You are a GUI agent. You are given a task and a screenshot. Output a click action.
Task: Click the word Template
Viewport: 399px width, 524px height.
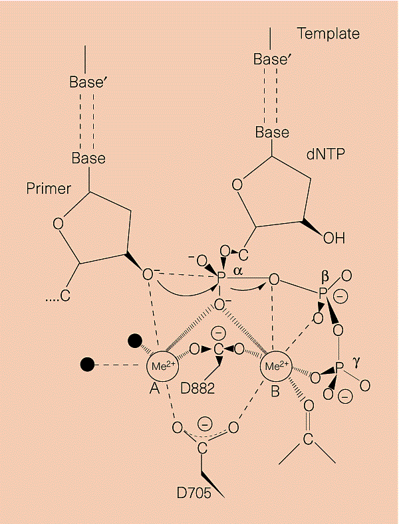tap(328, 34)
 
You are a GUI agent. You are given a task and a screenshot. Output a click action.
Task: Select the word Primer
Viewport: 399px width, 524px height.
tap(49, 189)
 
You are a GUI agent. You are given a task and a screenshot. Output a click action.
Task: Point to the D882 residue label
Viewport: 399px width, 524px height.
tap(196, 389)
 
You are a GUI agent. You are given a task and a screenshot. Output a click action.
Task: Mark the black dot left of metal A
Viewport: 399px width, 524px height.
tap(87, 364)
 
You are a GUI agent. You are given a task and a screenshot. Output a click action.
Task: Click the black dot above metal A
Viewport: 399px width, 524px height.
tap(135, 341)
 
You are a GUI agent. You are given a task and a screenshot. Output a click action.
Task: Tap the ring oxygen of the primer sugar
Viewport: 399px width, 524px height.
tap(58, 223)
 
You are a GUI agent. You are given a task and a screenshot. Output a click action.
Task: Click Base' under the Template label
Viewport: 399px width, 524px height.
tap(272, 59)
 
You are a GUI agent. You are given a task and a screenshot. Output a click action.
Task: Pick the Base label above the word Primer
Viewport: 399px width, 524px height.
tap(88, 158)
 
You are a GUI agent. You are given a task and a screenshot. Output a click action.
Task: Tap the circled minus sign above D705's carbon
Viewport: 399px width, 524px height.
tap(205, 422)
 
